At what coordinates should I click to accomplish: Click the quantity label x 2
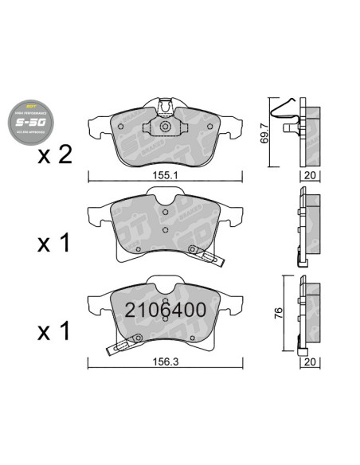55,155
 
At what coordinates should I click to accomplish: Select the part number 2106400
165,309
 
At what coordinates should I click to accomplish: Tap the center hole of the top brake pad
164,127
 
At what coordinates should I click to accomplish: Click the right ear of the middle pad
229,213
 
